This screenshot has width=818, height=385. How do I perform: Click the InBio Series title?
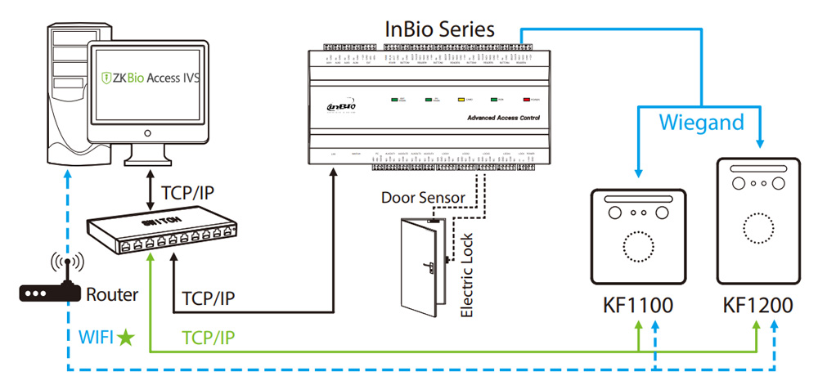(440, 29)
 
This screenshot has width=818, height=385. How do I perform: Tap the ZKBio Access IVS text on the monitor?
(151, 78)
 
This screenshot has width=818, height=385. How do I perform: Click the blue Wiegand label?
(701, 123)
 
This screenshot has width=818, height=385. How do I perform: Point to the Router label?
(111, 293)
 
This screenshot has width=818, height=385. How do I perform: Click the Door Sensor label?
(423, 198)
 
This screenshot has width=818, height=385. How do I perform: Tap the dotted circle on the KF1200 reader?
(757, 228)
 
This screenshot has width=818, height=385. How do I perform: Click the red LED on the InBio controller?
(528, 99)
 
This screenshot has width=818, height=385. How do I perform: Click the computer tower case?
(57, 98)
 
